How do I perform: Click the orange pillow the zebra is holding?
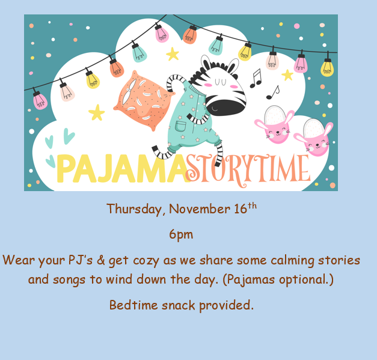pos(144,101)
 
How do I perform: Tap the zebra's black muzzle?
pos(225,106)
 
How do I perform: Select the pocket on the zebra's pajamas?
pos(180,126)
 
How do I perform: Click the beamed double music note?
pos(256,79)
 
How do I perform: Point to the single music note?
pos(273,93)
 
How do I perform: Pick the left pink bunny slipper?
pos(275,125)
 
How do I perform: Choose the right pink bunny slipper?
pos(314,137)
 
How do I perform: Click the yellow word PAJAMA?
pos(123,169)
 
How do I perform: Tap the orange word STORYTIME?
pos(248,170)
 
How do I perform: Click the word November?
pos(200,209)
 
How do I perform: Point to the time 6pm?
pos(181,234)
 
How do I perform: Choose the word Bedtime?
pos(133,305)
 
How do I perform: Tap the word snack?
pos(179,305)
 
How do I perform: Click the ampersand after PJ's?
pos(101,260)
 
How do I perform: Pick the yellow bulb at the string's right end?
pos(327,68)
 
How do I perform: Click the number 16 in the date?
pos(241,209)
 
